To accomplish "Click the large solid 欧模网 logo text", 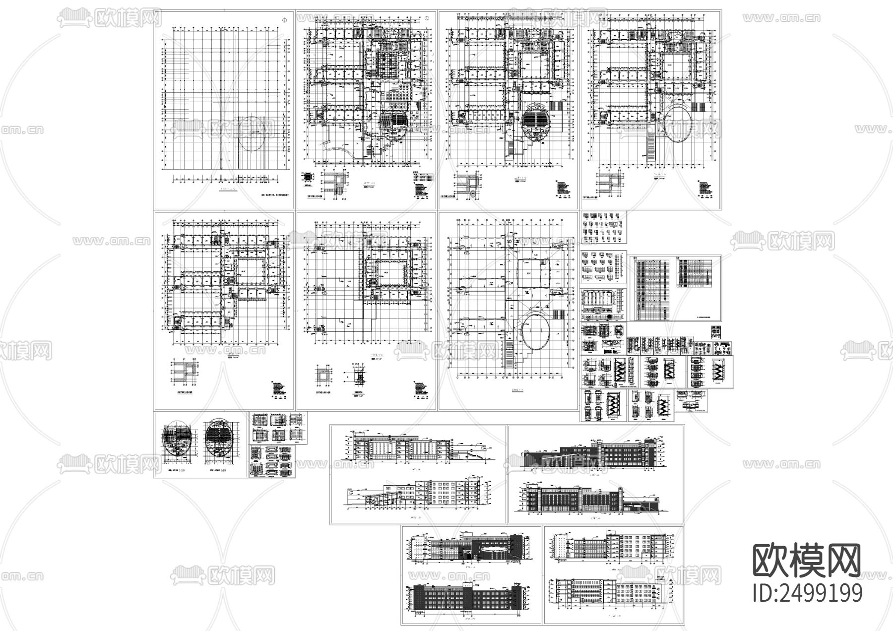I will (x=807, y=561).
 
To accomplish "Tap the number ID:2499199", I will (x=807, y=593).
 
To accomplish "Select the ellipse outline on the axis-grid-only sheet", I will (x=256, y=133).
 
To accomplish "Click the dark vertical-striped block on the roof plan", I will (x=557, y=315).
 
